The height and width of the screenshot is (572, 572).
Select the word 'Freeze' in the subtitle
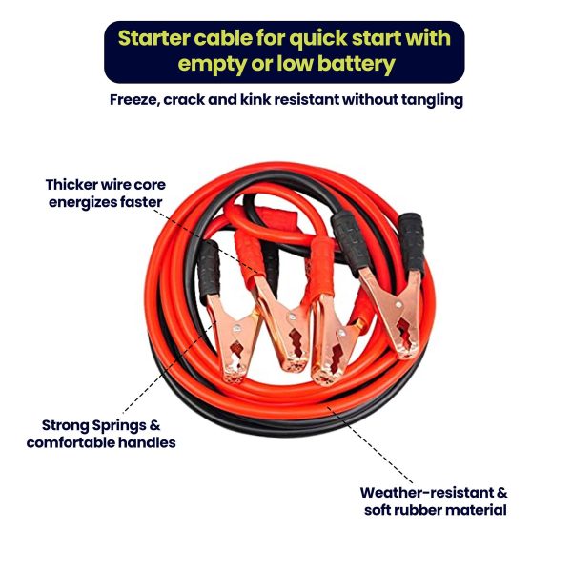pyautogui.click(x=134, y=100)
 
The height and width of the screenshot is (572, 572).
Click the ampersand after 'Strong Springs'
pyautogui.click(x=154, y=425)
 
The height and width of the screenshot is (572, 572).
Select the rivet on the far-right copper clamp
pyautogui.click(x=398, y=304)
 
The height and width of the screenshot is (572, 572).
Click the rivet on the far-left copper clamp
pyautogui.click(x=237, y=329)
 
